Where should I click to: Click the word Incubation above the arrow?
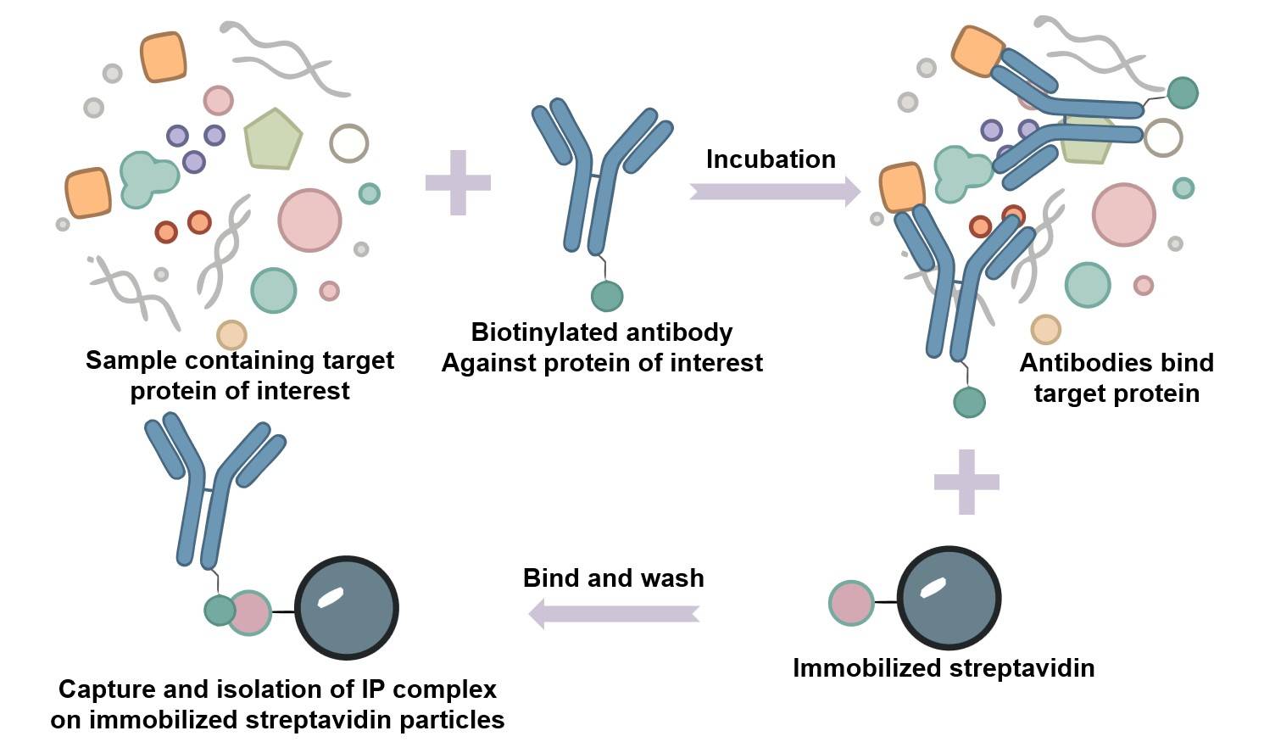click(x=771, y=159)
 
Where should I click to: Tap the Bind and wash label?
click(x=613, y=578)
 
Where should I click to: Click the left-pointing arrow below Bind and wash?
click(x=614, y=611)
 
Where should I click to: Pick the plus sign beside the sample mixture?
click(x=458, y=182)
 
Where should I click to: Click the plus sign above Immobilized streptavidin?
click(x=966, y=482)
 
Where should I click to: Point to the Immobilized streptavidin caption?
click(x=944, y=668)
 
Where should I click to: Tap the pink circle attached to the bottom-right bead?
click(x=851, y=603)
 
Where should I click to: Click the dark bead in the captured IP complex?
click(x=347, y=607)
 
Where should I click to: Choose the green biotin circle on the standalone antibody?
click(x=607, y=296)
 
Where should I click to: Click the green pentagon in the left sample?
click(x=272, y=139)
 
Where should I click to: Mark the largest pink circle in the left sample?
click(x=309, y=220)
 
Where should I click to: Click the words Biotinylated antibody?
click(x=602, y=332)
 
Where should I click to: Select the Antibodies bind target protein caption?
click(x=1116, y=378)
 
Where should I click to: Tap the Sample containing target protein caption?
click(x=240, y=375)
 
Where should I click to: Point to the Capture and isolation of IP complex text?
click(x=277, y=689)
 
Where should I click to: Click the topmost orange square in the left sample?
click(x=164, y=58)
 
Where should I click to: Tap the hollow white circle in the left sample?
click(x=348, y=143)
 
